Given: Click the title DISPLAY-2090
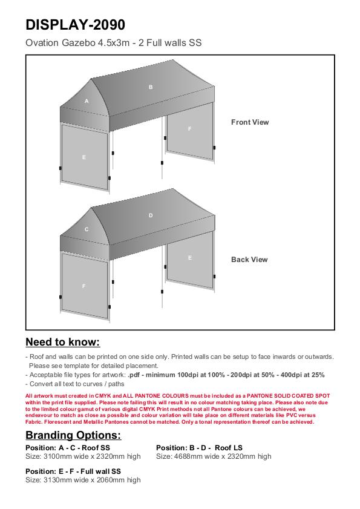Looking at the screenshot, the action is click(75, 25).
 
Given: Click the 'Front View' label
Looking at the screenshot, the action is click(250, 122).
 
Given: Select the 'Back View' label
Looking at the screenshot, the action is click(249, 260).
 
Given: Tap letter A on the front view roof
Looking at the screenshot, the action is click(87, 101).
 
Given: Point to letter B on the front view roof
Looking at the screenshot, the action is click(151, 87).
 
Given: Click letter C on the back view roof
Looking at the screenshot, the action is click(87, 229).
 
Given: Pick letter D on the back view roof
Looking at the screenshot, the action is click(151, 215).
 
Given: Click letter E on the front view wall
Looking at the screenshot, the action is click(84, 157).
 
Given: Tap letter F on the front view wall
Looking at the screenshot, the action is click(190, 129).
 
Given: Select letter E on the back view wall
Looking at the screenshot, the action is click(190, 258).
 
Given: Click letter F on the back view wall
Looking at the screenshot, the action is click(84, 286).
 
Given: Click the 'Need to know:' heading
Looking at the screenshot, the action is click(63, 342).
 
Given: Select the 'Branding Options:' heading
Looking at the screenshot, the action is click(73, 435).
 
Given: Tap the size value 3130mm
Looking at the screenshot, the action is click(57, 480).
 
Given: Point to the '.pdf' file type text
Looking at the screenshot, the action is click(134, 375).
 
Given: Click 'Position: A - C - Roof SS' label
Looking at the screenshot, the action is click(68, 448).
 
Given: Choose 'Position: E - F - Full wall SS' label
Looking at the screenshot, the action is click(73, 471).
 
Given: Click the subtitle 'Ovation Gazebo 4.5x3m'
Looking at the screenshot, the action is click(77, 42).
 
